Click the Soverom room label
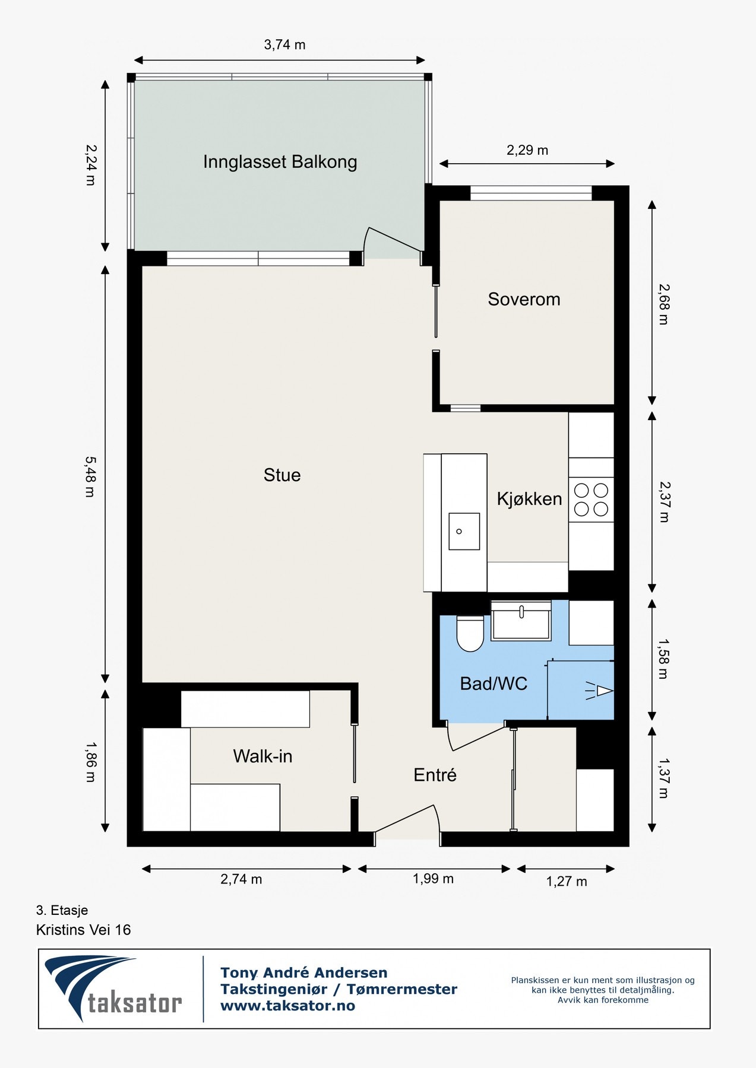point(524,299)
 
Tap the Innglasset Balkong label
point(280,162)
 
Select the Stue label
point(282,475)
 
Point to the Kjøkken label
point(529,498)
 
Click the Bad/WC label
point(494,684)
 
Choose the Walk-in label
point(262,756)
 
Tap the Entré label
point(435,774)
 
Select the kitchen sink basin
point(464,531)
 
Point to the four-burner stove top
point(591,500)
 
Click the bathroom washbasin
point(521,620)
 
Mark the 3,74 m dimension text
point(284,44)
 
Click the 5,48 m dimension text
point(90,476)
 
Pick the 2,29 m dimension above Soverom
point(527,150)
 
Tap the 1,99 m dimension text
point(433,879)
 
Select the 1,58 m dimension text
point(663,659)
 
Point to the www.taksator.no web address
point(287,1006)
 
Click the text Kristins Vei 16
point(83,930)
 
